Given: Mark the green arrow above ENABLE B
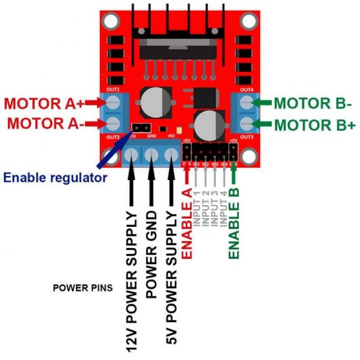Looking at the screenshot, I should tap(234, 175).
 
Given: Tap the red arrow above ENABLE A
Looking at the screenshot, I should tap(188, 175).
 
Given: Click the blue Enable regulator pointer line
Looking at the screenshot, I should tap(109, 157).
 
